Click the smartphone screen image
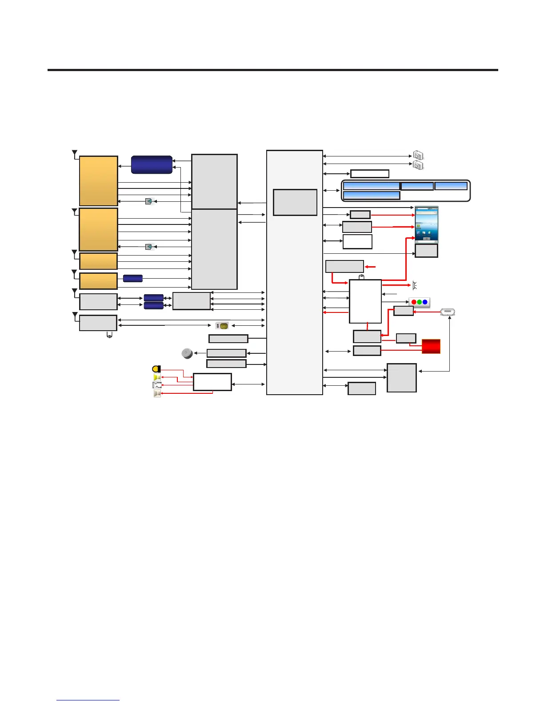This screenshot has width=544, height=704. point(426,224)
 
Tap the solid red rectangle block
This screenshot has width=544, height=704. point(431,346)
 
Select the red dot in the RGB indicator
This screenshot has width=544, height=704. point(414,302)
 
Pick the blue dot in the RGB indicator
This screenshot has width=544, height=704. point(425,302)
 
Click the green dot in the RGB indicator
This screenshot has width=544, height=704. point(420,302)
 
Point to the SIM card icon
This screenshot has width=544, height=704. point(222,326)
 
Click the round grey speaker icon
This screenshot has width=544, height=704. point(187,353)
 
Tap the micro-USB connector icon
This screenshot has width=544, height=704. point(448,312)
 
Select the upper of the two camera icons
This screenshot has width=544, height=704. point(418,155)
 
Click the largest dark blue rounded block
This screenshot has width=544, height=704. point(152,164)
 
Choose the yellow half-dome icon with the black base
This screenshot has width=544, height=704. point(156,369)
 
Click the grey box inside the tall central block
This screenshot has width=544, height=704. point(295,202)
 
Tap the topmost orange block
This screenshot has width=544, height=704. point(98,180)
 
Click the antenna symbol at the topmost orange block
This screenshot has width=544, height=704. point(75,154)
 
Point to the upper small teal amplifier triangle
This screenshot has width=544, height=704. point(149,201)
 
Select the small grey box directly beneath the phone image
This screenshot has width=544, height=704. point(426,251)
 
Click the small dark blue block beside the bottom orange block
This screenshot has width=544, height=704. point(132,278)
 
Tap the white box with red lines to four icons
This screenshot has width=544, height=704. point(212,382)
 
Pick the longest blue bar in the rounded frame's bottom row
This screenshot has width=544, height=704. point(372,195)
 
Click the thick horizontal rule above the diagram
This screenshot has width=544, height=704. point(272,70)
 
